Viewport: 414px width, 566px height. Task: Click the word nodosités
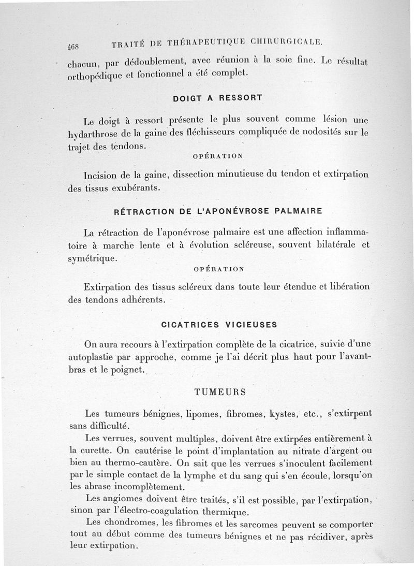[313, 133]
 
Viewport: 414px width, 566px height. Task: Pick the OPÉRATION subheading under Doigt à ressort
[218, 155]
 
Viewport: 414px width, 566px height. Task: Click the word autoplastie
[97, 357]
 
